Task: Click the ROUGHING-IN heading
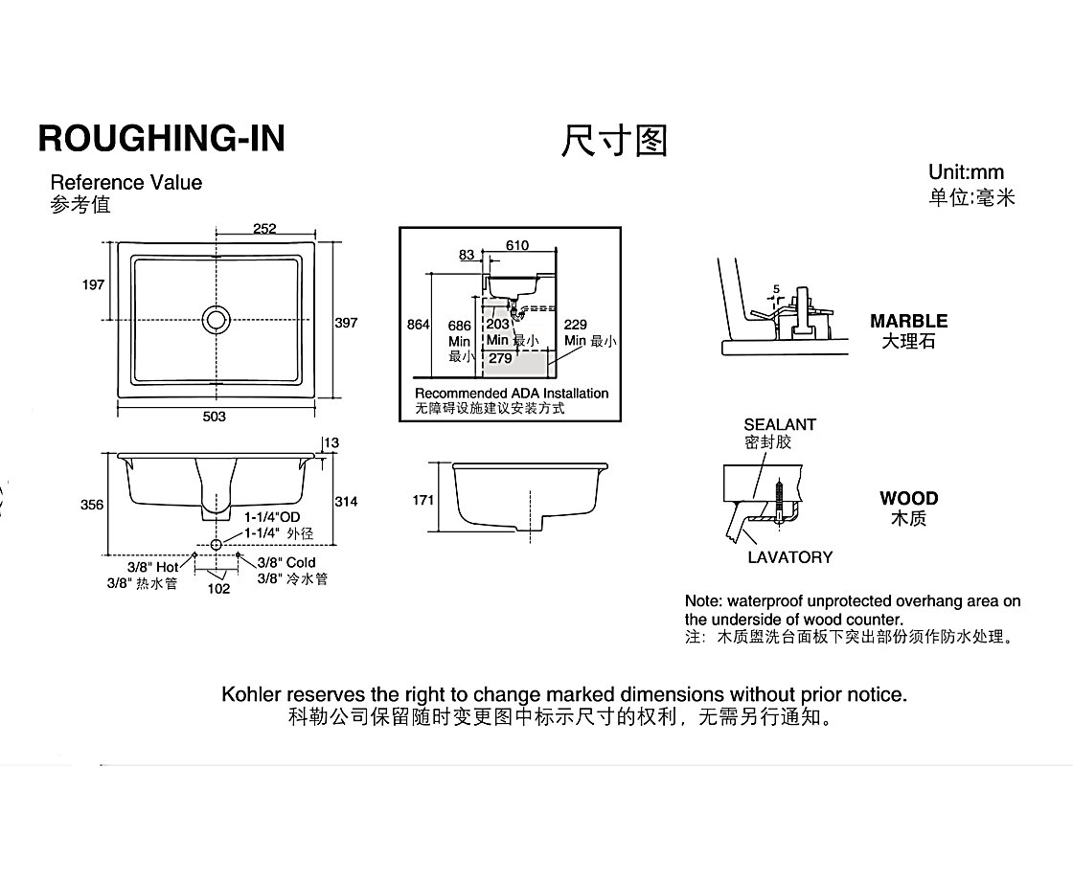click(161, 138)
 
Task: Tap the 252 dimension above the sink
click(264, 228)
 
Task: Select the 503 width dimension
click(214, 417)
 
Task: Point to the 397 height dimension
click(346, 323)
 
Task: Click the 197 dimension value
click(93, 284)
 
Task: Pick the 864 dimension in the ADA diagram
click(419, 325)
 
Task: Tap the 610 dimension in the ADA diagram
click(517, 245)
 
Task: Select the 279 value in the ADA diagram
click(500, 358)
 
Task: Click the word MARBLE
click(908, 321)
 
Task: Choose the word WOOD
click(908, 498)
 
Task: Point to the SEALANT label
click(780, 424)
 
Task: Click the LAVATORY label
click(789, 557)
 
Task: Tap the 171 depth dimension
click(423, 500)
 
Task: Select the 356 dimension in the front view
click(93, 505)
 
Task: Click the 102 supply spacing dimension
click(218, 589)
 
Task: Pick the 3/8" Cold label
click(286, 562)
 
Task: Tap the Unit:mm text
click(966, 172)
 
